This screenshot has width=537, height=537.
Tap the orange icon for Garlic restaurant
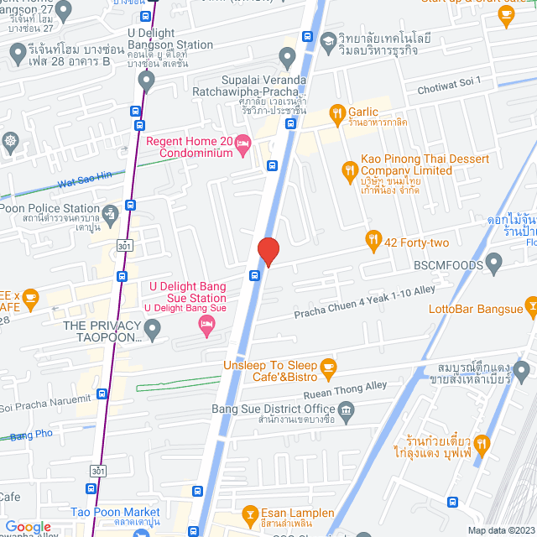336,112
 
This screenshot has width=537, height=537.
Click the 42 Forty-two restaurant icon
373,242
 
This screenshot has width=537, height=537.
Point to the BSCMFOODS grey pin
494,264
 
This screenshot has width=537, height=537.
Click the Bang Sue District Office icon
347,409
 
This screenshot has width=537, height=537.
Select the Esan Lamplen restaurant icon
249,512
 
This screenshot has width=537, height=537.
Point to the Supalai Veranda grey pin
288,59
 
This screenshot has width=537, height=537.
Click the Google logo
28,526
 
